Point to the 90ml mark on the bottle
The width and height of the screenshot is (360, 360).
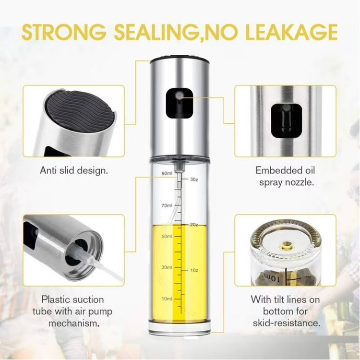[x=167, y=173]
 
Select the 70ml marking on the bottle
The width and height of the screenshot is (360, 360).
[x=167, y=205]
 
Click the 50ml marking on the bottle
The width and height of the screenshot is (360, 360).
[x=167, y=236]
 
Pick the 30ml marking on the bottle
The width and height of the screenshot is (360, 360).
[x=167, y=267]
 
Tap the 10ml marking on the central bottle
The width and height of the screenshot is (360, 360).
[x=167, y=299]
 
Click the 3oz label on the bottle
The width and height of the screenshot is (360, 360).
[x=194, y=180]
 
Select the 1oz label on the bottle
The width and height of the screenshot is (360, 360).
[x=194, y=270]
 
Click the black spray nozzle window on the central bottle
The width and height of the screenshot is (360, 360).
[x=180, y=103]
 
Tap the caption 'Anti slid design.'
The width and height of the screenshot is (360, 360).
[x=74, y=170]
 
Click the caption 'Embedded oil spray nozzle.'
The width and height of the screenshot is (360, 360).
[x=285, y=176]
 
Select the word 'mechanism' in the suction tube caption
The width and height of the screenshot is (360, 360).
[x=72, y=323]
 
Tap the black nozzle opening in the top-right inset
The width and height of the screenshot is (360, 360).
[x=286, y=120]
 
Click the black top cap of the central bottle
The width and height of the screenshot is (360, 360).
[x=180, y=58]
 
